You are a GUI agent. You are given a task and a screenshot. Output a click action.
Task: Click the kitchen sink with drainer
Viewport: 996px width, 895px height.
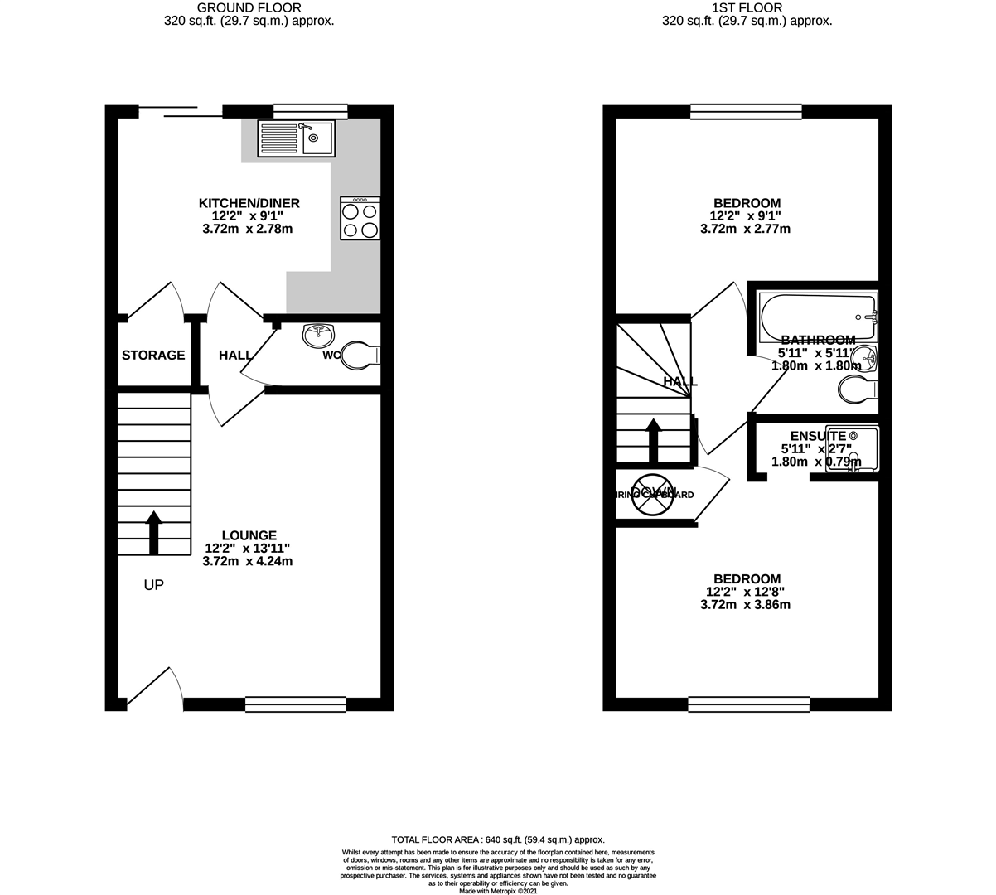(x=295, y=138)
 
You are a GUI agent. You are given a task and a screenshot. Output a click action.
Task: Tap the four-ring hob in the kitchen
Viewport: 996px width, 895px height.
(x=360, y=219)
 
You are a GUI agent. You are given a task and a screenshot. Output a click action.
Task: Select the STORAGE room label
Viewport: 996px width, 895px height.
(x=153, y=356)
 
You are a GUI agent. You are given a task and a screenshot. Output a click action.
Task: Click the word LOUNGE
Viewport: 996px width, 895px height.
(x=249, y=535)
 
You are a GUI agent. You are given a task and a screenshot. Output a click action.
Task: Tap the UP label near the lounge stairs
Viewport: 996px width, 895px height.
(x=154, y=585)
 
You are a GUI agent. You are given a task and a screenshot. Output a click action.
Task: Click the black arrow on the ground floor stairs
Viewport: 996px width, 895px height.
(x=154, y=532)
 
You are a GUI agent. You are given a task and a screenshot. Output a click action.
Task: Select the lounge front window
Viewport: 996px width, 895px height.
(x=296, y=704)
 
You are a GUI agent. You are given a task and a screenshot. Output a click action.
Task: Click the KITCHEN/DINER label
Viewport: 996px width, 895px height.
(x=249, y=203)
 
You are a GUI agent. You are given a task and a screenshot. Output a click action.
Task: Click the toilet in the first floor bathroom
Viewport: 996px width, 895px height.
(x=858, y=389)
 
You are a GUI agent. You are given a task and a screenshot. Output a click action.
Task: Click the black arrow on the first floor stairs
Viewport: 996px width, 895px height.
(x=653, y=440)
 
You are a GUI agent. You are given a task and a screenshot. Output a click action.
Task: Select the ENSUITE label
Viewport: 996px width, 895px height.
(x=818, y=436)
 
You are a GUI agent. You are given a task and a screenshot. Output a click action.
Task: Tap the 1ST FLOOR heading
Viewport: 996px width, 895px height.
(x=747, y=8)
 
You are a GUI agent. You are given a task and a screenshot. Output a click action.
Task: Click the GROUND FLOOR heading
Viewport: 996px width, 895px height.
(x=249, y=8)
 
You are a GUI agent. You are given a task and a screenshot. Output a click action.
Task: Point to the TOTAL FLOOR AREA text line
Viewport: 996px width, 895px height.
(x=498, y=839)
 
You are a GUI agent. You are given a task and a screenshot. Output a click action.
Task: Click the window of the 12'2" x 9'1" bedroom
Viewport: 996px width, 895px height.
(x=747, y=110)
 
